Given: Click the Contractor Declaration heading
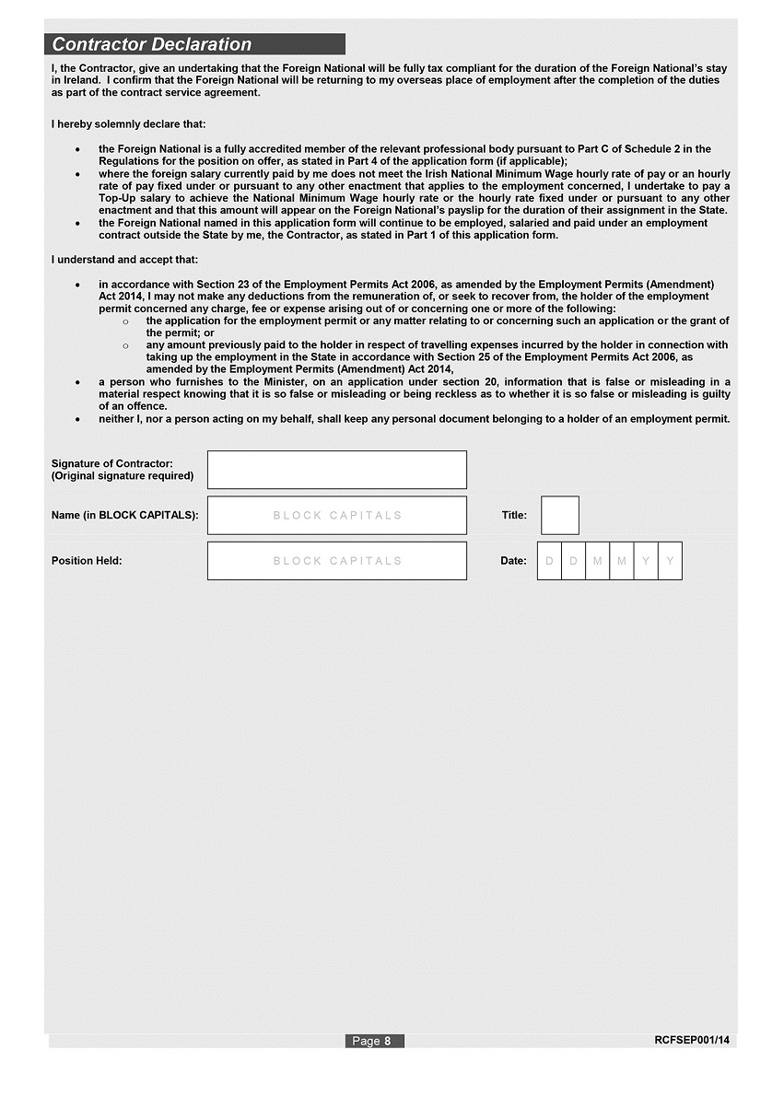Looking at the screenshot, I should pos(152,44).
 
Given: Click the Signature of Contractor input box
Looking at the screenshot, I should pos(336,470).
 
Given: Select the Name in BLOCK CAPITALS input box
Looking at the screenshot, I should pos(336,516).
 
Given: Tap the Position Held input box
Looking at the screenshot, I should pos(336,561).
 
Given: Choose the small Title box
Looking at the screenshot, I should pos(560,516).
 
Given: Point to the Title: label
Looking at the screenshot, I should pos(514,516).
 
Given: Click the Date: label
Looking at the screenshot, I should pos(513,561).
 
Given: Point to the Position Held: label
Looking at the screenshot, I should pos(87,561).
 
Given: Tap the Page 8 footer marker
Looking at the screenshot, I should pos(374,1041).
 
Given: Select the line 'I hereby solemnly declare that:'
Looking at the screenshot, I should pos(129,124).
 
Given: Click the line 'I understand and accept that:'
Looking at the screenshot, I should pos(124,260).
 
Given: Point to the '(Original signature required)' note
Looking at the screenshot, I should pos(123,476).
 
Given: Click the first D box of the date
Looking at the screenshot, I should pos(550,561).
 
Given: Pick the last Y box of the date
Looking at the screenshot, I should pos(670,561).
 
